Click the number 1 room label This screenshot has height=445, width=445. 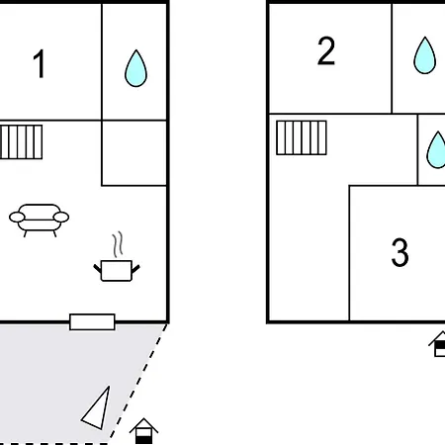pyautogui.click(x=40, y=63)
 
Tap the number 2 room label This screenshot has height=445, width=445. pyautogui.click(x=326, y=51)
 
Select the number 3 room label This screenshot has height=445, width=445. pyautogui.click(x=400, y=252)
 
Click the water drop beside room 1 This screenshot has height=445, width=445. pyautogui.click(x=135, y=68)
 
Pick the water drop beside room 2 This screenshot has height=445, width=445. pyautogui.click(x=425, y=55)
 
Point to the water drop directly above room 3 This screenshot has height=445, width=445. pyautogui.click(x=436, y=150)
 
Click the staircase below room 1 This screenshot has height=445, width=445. pyautogui.click(x=22, y=141)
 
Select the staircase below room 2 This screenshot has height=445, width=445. pyautogui.click(x=302, y=137)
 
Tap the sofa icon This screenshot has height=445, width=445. pyautogui.click(x=40, y=221)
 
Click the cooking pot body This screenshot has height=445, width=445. pyautogui.click(x=117, y=271)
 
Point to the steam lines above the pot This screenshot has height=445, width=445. pyautogui.click(x=118, y=244)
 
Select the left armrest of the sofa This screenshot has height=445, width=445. pyautogui.click(x=17, y=217)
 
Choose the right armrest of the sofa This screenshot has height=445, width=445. pyautogui.click(x=61, y=217)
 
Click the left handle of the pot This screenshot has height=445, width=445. pyautogui.click(x=98, y=268)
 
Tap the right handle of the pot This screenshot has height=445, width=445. pyautogui.click(x=135, y=269)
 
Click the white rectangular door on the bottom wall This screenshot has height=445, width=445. pyautogui.click(x=92, y=321)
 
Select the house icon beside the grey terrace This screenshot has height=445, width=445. pyautogui.click(x=143, y=431)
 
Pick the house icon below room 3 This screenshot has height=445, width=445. pyautogui.click(x=438, y=344)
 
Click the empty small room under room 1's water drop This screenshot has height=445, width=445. pyautogui.click(x=134, y=153)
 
